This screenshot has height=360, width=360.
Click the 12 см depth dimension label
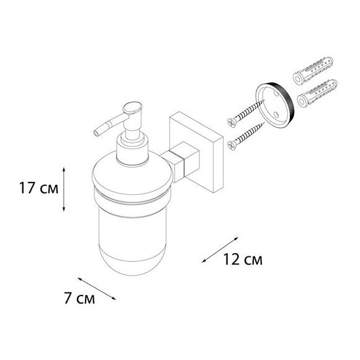[240, 259]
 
